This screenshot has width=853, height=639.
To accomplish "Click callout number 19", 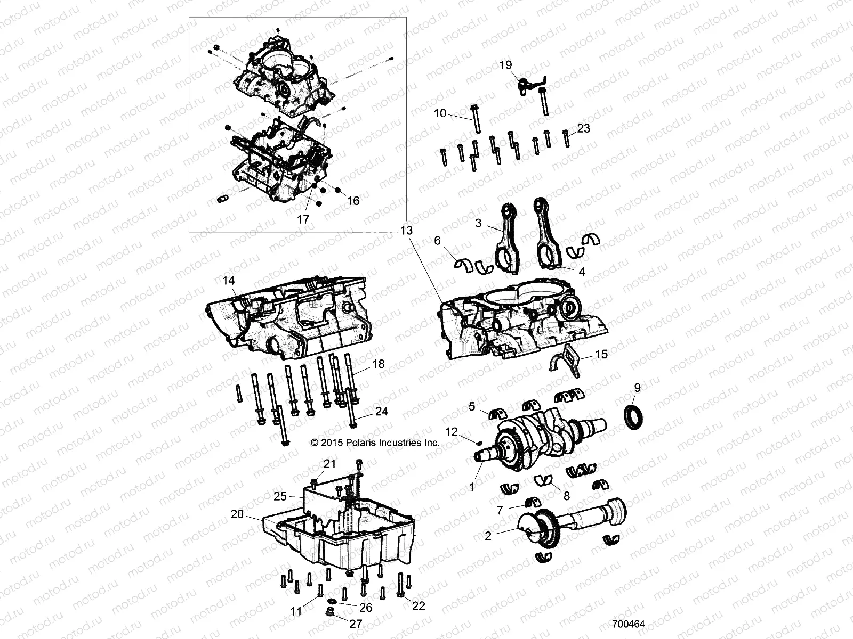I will pos(505,65).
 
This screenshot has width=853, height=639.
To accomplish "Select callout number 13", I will pos(406,231).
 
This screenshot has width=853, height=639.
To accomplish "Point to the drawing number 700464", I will pos(629,624).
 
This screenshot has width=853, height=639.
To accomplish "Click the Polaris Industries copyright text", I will pos(375,443).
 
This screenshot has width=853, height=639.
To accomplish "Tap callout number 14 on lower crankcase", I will pos(228,280).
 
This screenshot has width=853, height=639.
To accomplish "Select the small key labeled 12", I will pos(479,441).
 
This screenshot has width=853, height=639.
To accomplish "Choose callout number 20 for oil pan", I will pos(237,514).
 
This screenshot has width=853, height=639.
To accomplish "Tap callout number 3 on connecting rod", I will pos(478,223).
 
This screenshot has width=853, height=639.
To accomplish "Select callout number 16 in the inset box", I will pos(353,201).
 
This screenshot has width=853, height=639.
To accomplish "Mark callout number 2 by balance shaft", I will pos(488,536).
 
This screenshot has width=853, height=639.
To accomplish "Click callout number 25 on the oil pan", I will pos(280,496).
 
